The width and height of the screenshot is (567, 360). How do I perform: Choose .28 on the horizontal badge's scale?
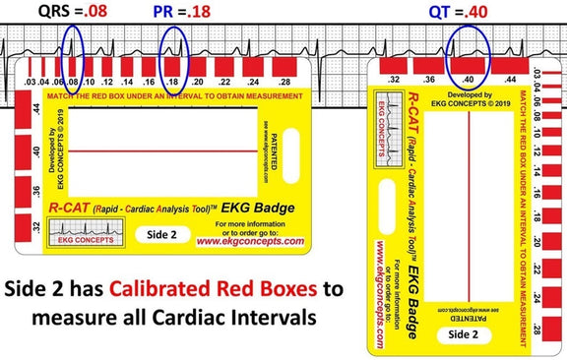[283, 81]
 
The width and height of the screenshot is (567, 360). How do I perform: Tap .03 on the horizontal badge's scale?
[31, 81]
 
